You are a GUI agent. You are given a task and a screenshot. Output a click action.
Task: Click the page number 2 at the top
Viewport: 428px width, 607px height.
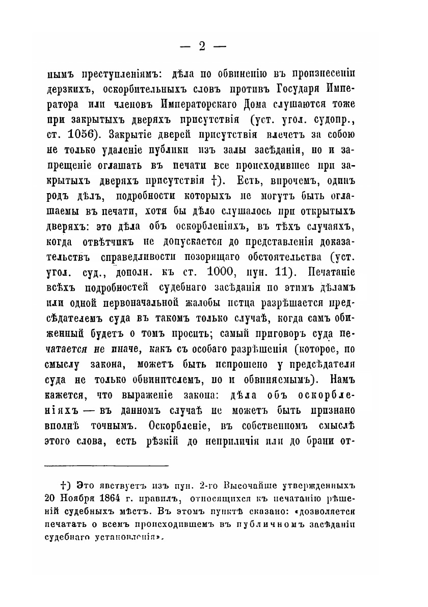point(202,46)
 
